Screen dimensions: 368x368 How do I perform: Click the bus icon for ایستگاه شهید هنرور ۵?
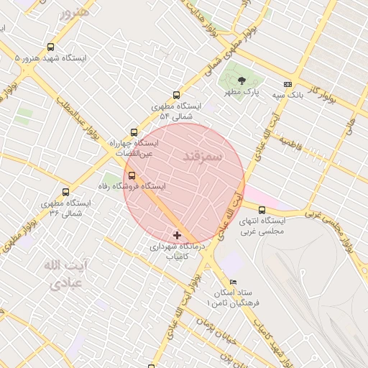[49, 47]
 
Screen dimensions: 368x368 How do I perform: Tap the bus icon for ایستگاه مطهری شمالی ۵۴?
[177, 95]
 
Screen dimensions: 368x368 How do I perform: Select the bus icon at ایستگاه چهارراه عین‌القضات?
[134, 132]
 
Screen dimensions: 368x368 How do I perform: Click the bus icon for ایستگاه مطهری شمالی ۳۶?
[66, 193]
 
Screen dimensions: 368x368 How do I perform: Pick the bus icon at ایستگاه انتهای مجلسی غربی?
[262, 210]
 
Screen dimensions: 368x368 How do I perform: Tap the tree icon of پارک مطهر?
[241, 81]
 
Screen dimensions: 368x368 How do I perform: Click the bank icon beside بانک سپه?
[288, 83]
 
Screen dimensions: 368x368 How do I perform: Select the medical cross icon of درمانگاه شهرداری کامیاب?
[178, 235]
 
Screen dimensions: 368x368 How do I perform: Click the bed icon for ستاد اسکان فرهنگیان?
[231, 282]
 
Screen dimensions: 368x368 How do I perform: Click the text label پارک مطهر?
[240, 93]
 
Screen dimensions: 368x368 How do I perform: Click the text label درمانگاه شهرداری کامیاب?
[177, 250]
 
